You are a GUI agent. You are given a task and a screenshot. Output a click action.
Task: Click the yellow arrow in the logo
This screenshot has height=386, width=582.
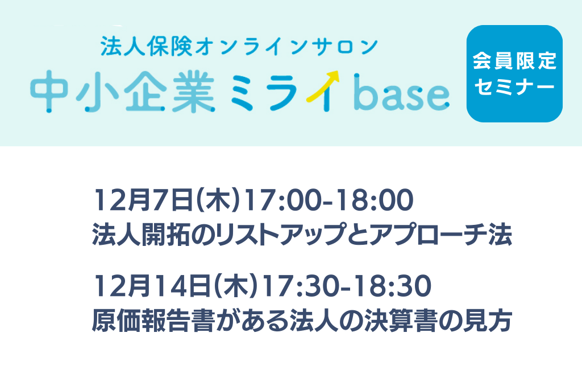tap(323, 85)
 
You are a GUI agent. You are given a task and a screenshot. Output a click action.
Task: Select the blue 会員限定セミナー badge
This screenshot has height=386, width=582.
tap(514, 73)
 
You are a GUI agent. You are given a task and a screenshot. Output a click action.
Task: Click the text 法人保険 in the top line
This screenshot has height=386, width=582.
tap(147, 47)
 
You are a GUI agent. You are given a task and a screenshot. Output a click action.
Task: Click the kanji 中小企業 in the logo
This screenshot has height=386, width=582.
tap(123, 92)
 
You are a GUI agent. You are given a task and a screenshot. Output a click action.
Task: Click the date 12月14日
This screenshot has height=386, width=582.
tap(152, 286)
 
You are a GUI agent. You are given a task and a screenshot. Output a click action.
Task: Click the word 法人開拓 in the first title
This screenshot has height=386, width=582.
tap(142, 235)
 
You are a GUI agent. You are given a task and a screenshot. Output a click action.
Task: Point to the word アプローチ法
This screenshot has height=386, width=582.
tap(440, 235)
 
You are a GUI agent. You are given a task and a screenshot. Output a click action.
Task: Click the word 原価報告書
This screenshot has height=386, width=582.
tap(153, 321)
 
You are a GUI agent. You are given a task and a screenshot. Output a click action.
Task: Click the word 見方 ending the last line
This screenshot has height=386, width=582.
tap(487, 321)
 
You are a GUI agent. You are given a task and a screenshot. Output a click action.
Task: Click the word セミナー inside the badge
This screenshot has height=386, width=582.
tap(514, 87)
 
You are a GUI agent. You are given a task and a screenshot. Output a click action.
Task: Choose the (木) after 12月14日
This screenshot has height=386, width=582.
tap(237, 286)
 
